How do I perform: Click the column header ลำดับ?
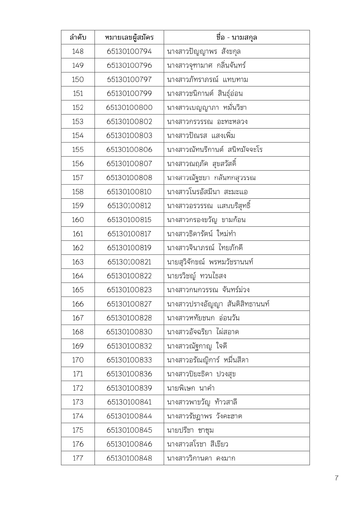(78, 37)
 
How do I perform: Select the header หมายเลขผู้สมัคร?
(129, 37)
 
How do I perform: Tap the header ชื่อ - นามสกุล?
(236, 37)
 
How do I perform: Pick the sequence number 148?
(78, 52)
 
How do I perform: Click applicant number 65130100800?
(129, 108)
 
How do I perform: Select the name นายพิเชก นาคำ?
(191, 388)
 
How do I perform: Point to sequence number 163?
(78, 262)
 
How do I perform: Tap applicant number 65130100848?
(129, 458)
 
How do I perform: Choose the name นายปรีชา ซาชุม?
(190, 430)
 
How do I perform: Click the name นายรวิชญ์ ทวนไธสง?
(196, 276)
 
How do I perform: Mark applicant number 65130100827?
(129, 304)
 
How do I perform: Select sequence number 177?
(78, 458)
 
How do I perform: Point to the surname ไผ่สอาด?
(227, 332)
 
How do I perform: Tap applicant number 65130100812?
(129, 206)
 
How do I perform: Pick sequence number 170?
(78, 360)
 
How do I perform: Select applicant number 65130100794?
(129, 52)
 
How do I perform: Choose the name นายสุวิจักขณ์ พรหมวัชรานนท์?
(210, 262)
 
